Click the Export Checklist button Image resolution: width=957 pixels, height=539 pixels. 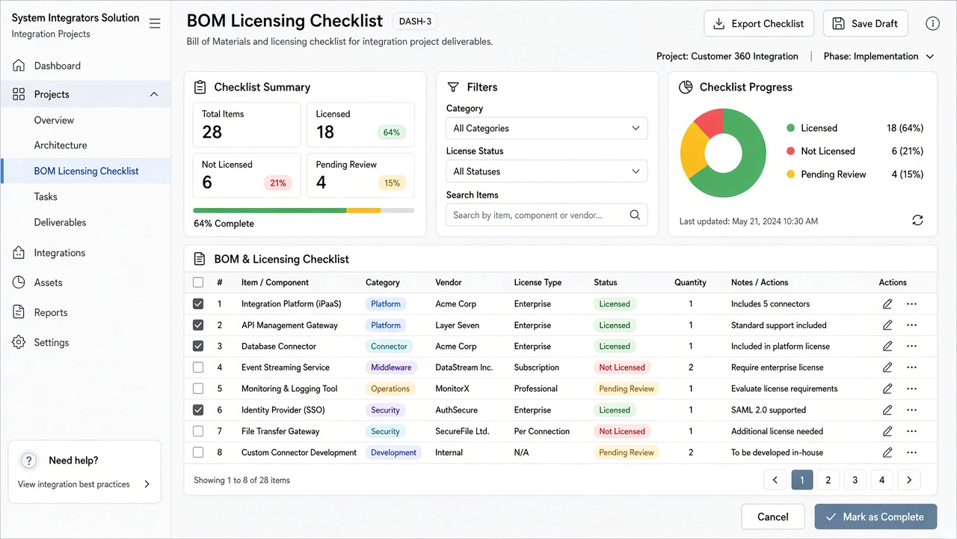click(x=759, y=23)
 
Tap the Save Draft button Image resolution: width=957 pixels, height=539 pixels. click(x=866, y=23)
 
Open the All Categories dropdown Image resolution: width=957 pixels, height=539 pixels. click(x=547, y=128)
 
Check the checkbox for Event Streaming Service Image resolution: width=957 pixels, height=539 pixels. click(x=198, y=367)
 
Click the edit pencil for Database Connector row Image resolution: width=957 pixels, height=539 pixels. click(x=887, y=346)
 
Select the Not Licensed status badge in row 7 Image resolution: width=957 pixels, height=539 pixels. click(x=621, y=431)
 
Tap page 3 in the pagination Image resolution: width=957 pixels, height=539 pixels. click(x=855, y=480)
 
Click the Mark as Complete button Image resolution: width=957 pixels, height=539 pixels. click(x=876, y=517)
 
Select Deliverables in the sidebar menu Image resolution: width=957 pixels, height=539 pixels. click(x=61, y=222)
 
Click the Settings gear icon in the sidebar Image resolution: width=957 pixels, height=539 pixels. click(x=19, y=342)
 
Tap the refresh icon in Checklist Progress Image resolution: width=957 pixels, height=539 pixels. click(x=917, y=220)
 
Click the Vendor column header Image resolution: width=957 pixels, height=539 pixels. click(x=449, y=282)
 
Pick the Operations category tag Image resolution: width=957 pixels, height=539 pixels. click(x=390, y=389)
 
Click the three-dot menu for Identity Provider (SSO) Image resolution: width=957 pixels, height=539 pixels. click(x=911, y=409)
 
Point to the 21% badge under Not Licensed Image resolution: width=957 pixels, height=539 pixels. click(x=277, y=183)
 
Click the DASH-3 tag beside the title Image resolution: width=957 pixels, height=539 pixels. click(x=415, y=22)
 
